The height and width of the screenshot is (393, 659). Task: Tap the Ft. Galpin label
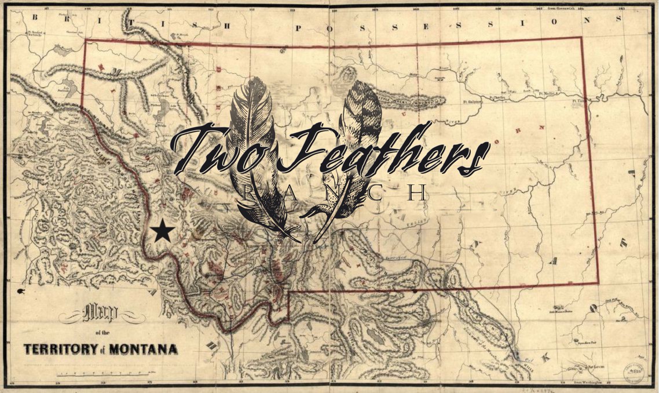tap(473, 101)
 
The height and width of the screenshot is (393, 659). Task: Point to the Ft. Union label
tap(579, 100)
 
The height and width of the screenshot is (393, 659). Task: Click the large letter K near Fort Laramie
tap(544, 359)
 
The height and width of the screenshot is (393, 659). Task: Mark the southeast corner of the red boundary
tap(598, 283)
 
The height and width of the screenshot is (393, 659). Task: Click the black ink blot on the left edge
tap(21, 290)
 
